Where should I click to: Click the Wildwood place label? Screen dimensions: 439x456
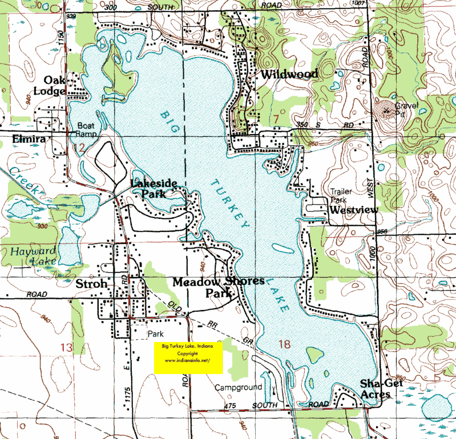(289, 75)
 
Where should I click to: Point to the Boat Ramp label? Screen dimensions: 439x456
(87, 131)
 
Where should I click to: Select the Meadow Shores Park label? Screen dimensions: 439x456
(219, 287)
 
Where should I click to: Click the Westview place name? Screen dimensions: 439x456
(354, 210)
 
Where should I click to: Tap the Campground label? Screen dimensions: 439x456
(238, 387)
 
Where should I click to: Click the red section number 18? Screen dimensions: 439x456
(285, 343)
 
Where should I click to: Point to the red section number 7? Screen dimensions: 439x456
(276, 118)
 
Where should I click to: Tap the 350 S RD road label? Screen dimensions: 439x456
(313, 125)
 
